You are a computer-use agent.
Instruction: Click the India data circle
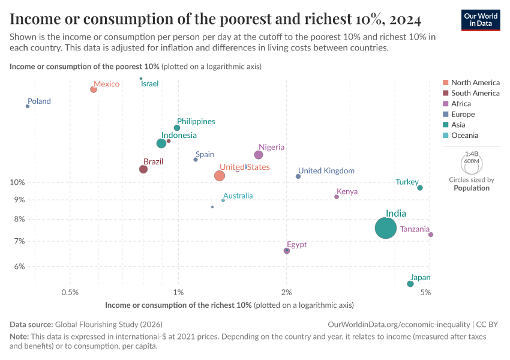tap(386, 228)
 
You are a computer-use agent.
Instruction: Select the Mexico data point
tap(94, 89)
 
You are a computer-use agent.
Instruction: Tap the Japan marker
tap(410, 284)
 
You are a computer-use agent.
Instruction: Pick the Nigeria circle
tap(259, 155)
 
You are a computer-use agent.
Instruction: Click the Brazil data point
tap(143, 169)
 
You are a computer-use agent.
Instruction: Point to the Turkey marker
tap(420, 188)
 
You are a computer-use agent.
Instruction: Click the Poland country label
tap(39, 101)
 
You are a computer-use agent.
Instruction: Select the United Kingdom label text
tap(326, 171)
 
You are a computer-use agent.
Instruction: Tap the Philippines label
tap(196, 121)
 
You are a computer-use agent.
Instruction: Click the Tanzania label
tap(415, 229)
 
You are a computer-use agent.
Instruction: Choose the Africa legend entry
tap(461, 104)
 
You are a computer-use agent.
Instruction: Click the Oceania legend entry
tap(464, 136)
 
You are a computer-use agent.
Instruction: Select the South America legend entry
tap(475, 93)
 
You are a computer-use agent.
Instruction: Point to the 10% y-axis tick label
tap(17, 182)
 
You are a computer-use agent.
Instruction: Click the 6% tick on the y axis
tap(19, 267)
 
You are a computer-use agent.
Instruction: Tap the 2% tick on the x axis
tap(286, 292)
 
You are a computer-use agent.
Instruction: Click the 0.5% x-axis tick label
tap(70, 292)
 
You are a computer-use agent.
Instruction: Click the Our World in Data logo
tap(481, 19)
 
